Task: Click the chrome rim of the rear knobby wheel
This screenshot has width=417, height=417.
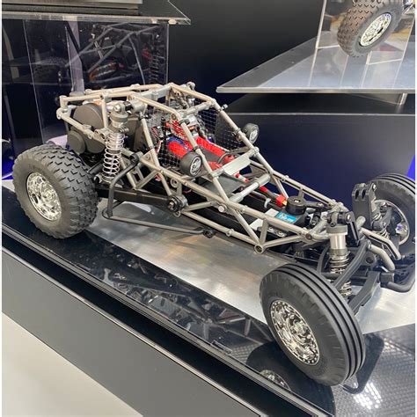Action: click(x=44, y=196)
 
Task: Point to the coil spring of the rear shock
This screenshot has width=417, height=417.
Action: click(x=113, y=157)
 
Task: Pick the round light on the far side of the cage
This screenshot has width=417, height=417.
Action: click(x=252, y=132)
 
